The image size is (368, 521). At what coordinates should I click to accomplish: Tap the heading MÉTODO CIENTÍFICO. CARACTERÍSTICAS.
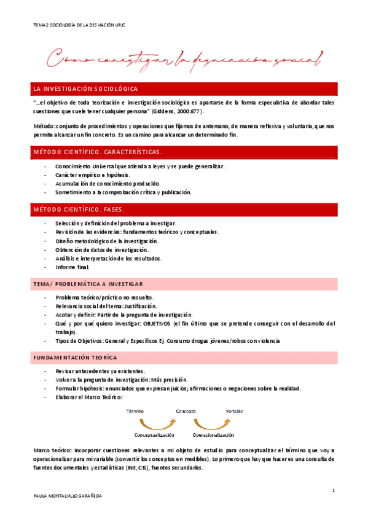pos(98,151)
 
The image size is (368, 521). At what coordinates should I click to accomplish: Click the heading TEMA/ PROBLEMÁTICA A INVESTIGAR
pos(90,283)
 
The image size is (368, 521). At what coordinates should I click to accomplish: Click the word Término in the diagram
pos(135,410)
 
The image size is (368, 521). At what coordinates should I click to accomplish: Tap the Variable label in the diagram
pos(234,410)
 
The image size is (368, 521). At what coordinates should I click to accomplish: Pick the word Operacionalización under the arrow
pos(213,434)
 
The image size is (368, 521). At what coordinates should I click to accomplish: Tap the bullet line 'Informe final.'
pos(72,267)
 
